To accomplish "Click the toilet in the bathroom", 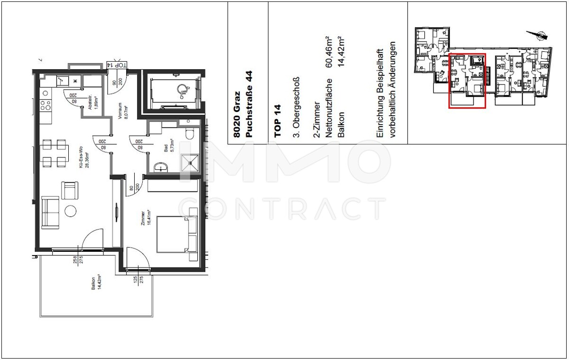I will (x=191, y=134).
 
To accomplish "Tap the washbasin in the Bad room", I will (x=161, y=166).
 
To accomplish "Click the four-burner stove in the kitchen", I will (x=45, y=105).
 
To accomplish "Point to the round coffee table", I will (x=71, y=210).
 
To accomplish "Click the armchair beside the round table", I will (x=69, y=190).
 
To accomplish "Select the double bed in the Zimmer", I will (x=176, y=234).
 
